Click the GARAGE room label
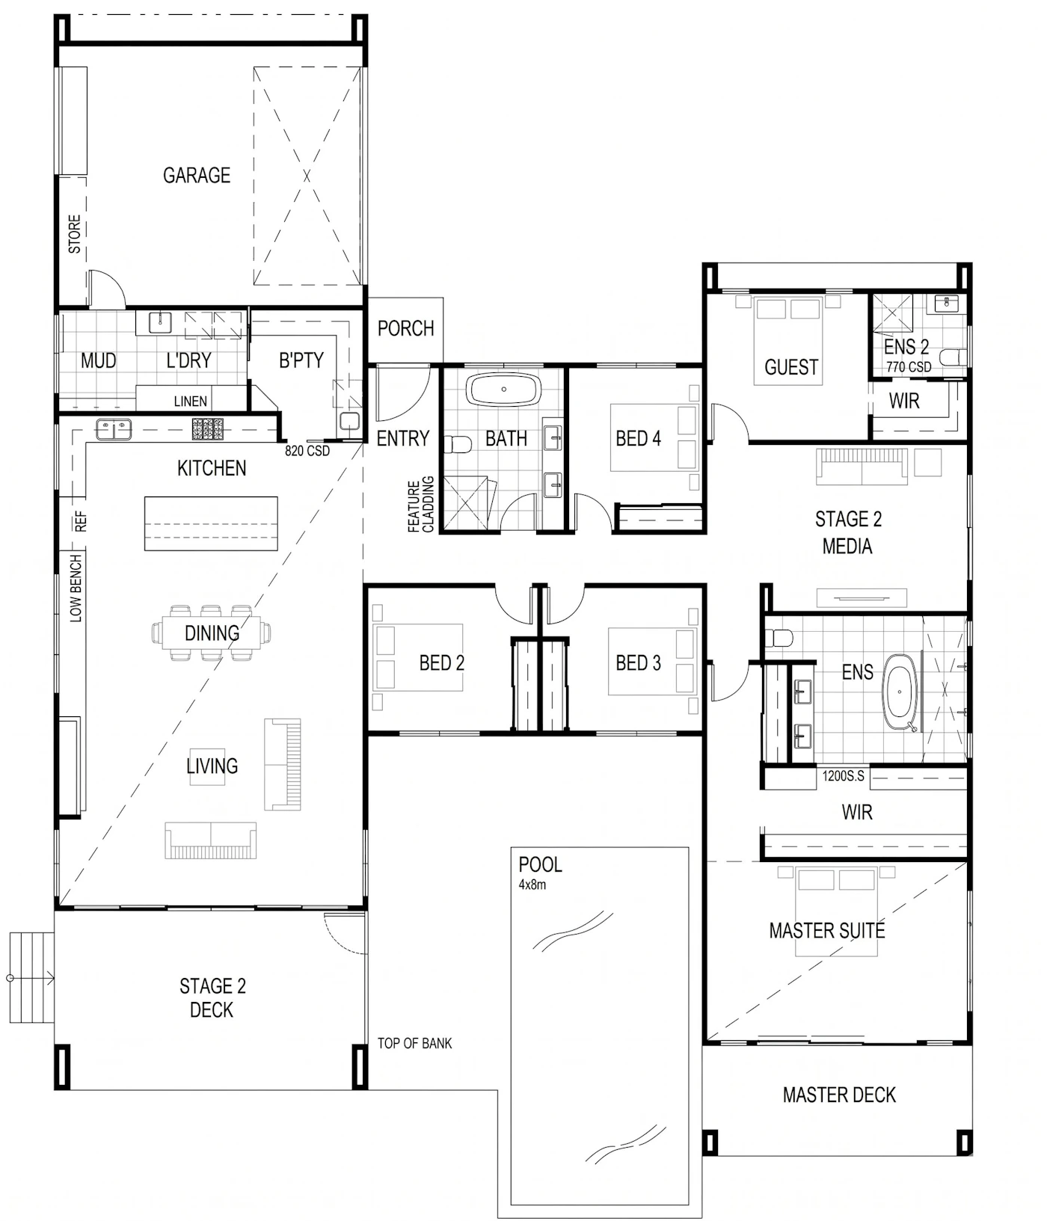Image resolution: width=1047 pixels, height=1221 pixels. click(x=197, y=175)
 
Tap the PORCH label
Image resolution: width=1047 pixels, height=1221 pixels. click(x=405, y=328)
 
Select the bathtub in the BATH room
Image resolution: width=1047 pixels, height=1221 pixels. click(x=504, y=390)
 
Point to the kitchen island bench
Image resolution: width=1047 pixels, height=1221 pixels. click(x=211, y=523)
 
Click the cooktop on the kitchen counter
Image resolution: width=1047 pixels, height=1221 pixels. click(x=208, y=428)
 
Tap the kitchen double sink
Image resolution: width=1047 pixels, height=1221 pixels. click(x=114, y=429)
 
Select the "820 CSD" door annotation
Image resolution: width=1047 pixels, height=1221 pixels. click(x=307, y=451)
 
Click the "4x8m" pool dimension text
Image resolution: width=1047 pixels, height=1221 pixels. click(x=532, y=885)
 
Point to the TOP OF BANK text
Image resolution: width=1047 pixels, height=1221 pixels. click(x=414, y=1043)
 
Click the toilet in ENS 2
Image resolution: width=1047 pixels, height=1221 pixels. click(x=953, y=357)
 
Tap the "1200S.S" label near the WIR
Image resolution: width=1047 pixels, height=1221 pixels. click(x=843, y=776)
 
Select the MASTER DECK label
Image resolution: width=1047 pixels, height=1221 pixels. click(x=839, y=1095)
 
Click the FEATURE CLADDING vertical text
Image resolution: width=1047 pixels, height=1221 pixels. click(x=420, y=505)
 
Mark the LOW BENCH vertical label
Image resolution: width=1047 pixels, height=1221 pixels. click(x=76, y=588)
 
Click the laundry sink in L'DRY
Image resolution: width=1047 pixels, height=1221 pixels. click(x=161, y=323)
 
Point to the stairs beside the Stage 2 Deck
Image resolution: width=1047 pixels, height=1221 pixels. click(x=32, y=977)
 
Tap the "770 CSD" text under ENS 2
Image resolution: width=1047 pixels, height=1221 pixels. click(x=909, y=367)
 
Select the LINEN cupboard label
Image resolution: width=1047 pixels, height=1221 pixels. click(x=191, y=402)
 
